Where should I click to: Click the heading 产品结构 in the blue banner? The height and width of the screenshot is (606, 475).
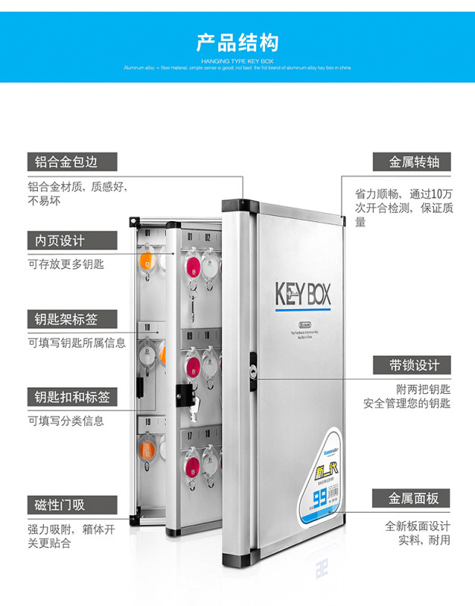(237, 42)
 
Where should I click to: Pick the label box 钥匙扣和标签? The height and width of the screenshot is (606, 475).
(72, 397)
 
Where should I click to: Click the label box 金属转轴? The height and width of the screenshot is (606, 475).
(411, 162)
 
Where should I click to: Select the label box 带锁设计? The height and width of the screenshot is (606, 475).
(411, 365)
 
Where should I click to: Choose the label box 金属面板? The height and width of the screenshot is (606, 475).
(411, 498)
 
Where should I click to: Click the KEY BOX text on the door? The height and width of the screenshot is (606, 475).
(302, 293)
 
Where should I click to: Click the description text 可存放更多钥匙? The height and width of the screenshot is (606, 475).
(67, 264)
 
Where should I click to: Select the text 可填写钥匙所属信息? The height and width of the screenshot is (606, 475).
(77, 342)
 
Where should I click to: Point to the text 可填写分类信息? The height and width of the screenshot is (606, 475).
(67, 420)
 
